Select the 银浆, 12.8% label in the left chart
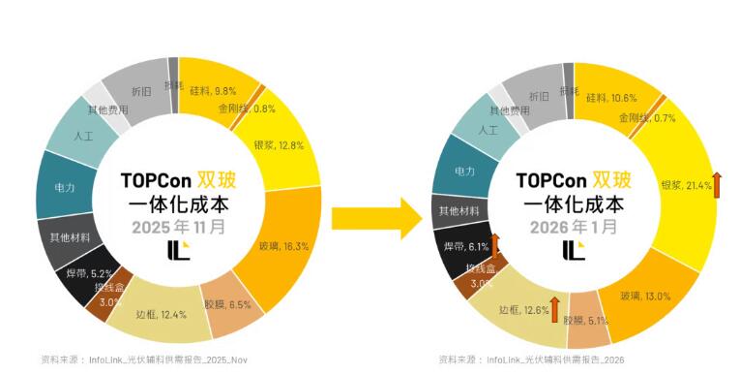pos(279,145)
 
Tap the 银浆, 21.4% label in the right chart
pos(686,184)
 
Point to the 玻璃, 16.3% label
pos(282,246)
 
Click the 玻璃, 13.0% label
pos(646,296)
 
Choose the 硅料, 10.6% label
pos(611,98)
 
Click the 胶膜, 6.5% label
pos(227,304)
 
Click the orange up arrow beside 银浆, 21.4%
pos(717,183)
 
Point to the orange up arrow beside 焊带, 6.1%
pos(495,243)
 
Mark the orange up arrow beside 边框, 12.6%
pos(555,310)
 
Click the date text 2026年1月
pos(574,227)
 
